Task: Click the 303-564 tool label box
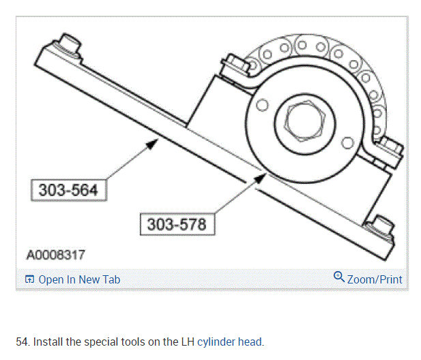tap(69, 190)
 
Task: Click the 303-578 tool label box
tap(177, 224)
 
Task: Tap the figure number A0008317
tap(56, 255)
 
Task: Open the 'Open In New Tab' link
tap(79, 279)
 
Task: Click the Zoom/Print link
tap(375, 279)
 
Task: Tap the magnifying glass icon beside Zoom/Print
tap(339, 277)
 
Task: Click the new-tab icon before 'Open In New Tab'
tap(29, 279)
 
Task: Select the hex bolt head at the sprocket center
tap(305, 121)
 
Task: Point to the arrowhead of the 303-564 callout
tap(152, 144)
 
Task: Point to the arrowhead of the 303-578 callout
tap(260, 178)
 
